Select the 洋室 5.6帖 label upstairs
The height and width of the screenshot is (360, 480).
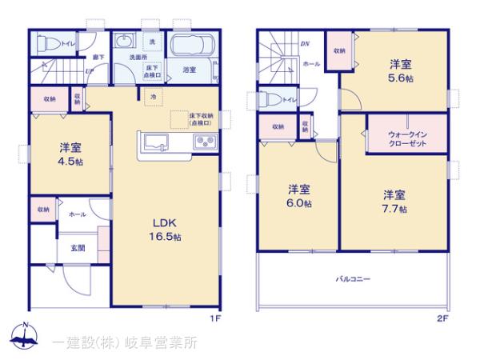402,71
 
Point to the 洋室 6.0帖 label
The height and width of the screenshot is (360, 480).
300,197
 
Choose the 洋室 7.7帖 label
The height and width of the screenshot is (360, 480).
394,202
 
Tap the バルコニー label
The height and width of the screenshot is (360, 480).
353,278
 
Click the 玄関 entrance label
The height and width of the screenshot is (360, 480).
78,247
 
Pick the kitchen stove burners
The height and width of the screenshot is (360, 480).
203,143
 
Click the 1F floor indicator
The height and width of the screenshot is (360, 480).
214,318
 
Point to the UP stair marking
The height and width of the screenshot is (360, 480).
89,71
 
